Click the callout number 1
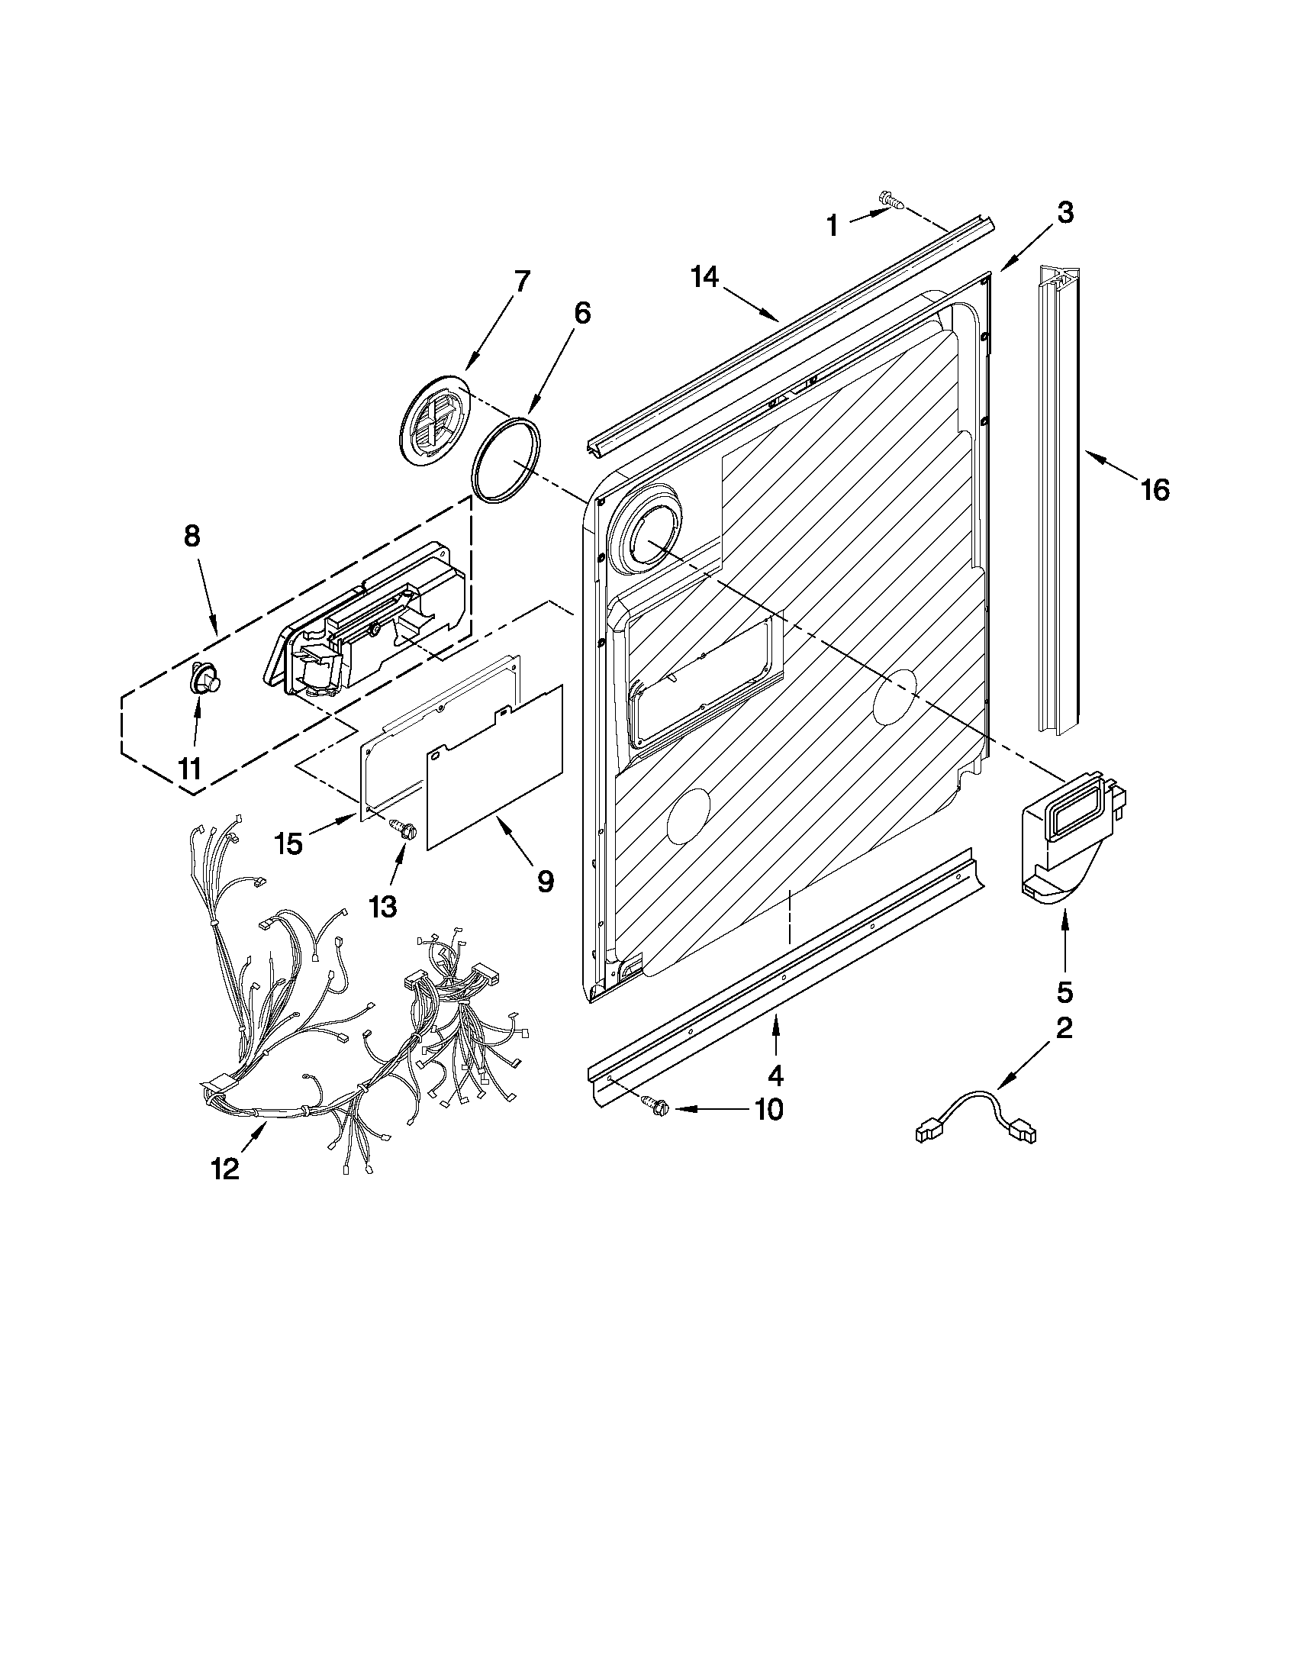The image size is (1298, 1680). (833, 226)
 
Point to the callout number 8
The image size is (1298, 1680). (192, 535)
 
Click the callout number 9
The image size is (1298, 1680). (544, 881)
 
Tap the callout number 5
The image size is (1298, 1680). (1064, 992)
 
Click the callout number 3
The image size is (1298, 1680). (1064, 213)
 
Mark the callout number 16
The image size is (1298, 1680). (1155, 490)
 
